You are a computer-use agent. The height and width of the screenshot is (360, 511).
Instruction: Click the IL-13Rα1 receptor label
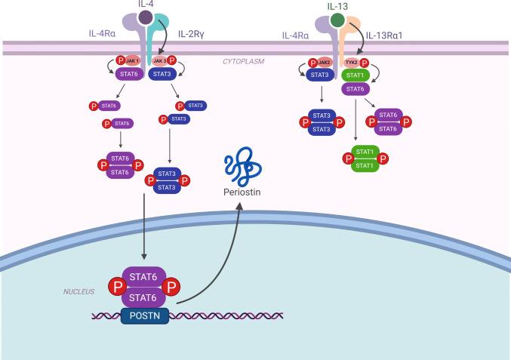390,34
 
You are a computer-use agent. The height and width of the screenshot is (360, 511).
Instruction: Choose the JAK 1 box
133,61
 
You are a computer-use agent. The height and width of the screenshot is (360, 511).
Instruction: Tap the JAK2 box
324,62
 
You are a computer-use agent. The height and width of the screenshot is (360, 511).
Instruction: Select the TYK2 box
352,62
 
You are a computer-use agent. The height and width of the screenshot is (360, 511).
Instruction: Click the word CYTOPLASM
243,61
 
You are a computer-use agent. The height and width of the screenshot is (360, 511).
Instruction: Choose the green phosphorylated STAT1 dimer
365,158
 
